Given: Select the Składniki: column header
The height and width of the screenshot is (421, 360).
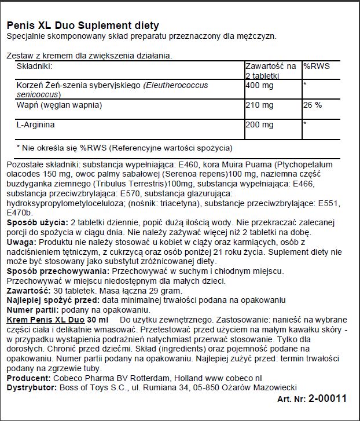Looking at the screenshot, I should click(x=37, y=67).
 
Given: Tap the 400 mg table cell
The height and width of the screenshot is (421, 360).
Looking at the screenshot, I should click(x=259, y=85).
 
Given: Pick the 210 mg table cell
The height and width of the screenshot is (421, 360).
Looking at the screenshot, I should click(x=259, y=105).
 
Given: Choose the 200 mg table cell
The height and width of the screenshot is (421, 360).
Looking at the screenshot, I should click(x=259, y=124).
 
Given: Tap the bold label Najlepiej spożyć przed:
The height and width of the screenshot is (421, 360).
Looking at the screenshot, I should click(x=53, y=301).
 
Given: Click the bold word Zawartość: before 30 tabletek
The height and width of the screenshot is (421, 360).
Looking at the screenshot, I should click(x=27, y=291).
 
